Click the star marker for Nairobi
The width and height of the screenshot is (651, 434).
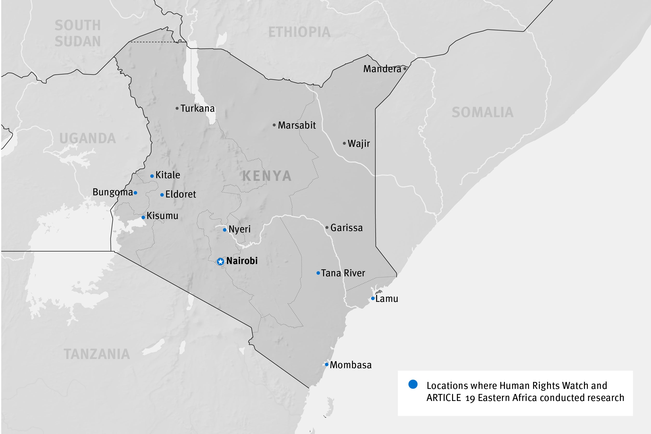point(220,262)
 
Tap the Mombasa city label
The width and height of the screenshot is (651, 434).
point(350,365)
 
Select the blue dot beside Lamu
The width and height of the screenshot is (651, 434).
point(373,298)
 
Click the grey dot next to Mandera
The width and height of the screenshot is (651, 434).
point(405,68)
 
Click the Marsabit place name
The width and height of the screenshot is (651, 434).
point(297,125)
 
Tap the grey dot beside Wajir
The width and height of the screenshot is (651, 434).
point(344,143)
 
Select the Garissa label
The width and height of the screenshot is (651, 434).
point(346,228)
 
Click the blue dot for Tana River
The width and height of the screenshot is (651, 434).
point(318,273)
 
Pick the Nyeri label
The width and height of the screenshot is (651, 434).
point(239,230)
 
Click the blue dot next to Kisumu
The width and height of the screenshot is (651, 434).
point(143,217)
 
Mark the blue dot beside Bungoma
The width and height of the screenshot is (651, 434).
point(135,193)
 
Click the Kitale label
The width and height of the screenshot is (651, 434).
point(168,175)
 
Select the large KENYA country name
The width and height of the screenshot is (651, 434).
point(267,176)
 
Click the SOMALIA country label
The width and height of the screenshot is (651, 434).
point(482,112)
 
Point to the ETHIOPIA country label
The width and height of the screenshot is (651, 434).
point(299,32)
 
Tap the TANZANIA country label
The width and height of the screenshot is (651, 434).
point(97,354)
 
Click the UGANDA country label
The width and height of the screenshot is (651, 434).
point(88,138)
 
